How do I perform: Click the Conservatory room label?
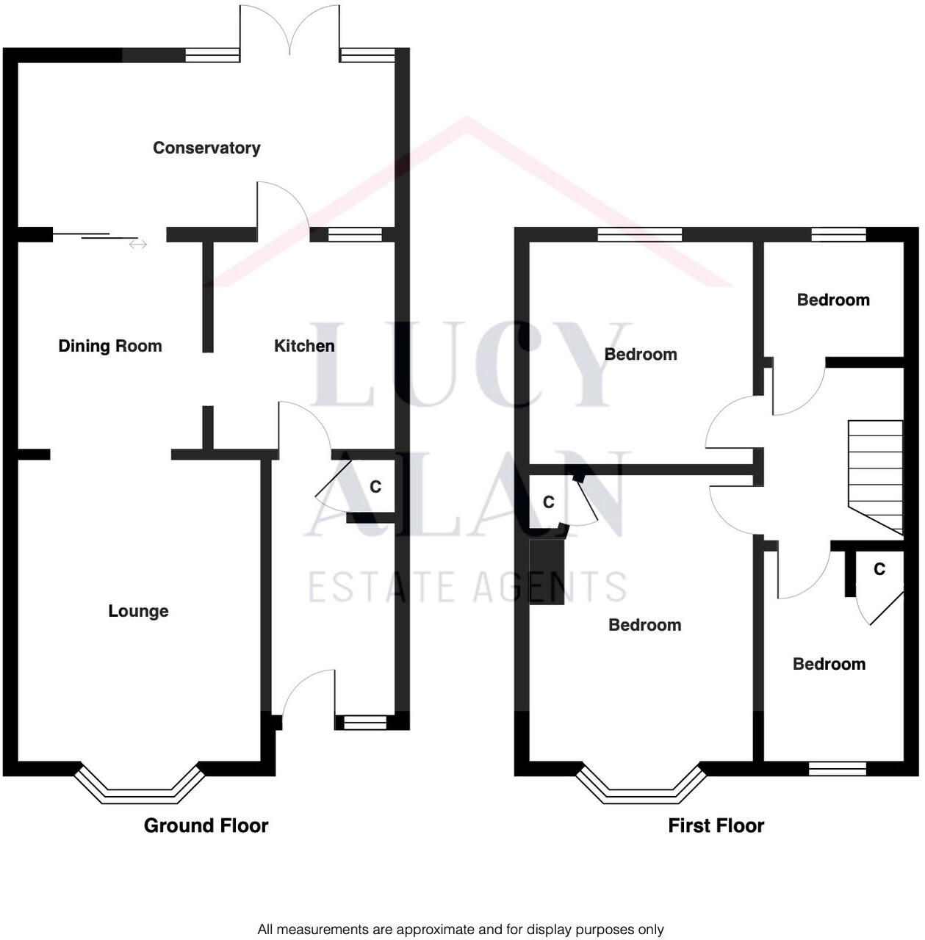[x=206, y=148]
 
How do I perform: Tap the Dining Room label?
[x=110, y=346]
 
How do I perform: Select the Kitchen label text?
[x=304, y=346]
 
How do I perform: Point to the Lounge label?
[x=138, y=611]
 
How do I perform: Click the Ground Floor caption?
[x=206, y=825]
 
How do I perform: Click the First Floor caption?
[x=716, y=825]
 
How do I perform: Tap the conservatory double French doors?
[x=290, y=29]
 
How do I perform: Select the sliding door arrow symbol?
[x=137, y=245]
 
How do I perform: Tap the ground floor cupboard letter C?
[x=375, y=487]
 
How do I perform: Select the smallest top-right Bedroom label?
[x=833, y=300]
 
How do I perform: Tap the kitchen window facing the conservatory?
[x=355, y=234]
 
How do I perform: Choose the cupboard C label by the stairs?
[x=879, y=569]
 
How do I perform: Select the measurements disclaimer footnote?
[x=461, y=930]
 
